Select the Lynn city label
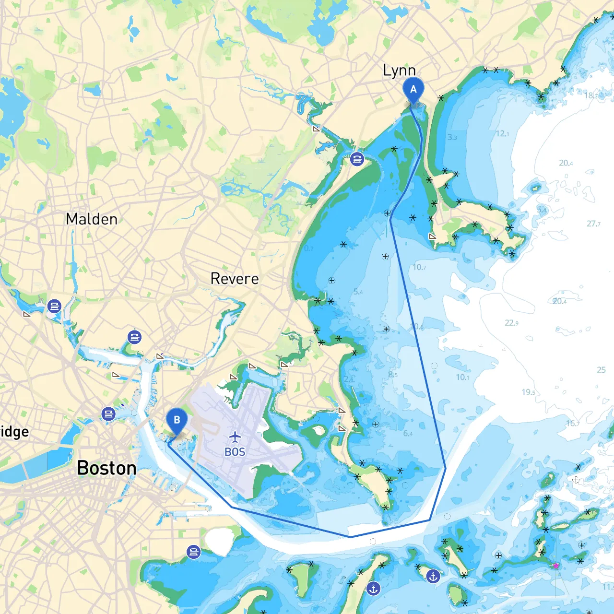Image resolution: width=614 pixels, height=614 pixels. [x=399, y=71]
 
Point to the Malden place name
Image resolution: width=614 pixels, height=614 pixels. [x=92, y=219]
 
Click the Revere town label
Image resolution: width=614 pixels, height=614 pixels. [x=235, y=279]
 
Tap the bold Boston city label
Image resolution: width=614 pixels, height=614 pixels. [x=106, y=468]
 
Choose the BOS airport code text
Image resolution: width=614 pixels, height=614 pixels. [x=235, y=452]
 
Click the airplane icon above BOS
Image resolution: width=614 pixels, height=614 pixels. [x=235, y=437]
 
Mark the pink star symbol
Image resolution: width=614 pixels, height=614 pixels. [x=556, y=566]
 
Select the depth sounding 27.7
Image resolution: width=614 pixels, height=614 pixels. [x=593, y=224]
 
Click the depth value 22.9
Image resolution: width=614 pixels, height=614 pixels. [x=511, y=323]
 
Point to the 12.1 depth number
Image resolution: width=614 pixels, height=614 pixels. [x=502, y=133]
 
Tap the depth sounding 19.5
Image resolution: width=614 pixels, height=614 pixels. [x=528, y=392]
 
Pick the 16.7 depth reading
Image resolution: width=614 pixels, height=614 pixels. [x=573, y=423]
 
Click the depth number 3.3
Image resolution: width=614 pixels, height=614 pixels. [x=452, y=137]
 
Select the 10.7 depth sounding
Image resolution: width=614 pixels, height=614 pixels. [x=419, y=267]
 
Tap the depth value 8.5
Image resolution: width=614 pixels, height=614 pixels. [x=392, y=375]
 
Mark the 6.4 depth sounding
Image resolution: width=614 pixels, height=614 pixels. [x=408, y=434]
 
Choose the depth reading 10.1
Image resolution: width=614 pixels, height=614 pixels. [x=462, y=377]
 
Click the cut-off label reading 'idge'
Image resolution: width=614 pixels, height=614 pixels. [x=14, y=432]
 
